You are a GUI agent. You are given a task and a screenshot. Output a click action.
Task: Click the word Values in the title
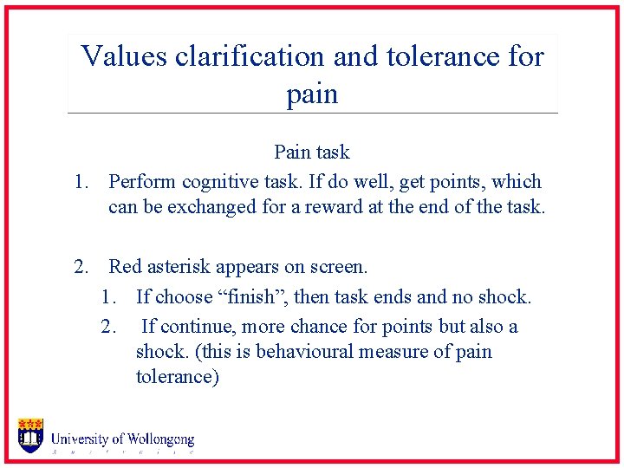[124, 57]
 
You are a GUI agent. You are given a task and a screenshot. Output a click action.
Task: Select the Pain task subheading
[311, 153]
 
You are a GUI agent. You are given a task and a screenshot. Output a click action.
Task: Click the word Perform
[141, 182]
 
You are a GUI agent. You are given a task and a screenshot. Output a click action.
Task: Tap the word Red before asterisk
[125, 267]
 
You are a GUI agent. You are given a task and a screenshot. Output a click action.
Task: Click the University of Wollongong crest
[30, 436]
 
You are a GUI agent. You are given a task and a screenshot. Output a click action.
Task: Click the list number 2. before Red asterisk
[83, 267]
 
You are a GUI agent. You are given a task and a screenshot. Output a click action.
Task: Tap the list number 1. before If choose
[109, 297]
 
